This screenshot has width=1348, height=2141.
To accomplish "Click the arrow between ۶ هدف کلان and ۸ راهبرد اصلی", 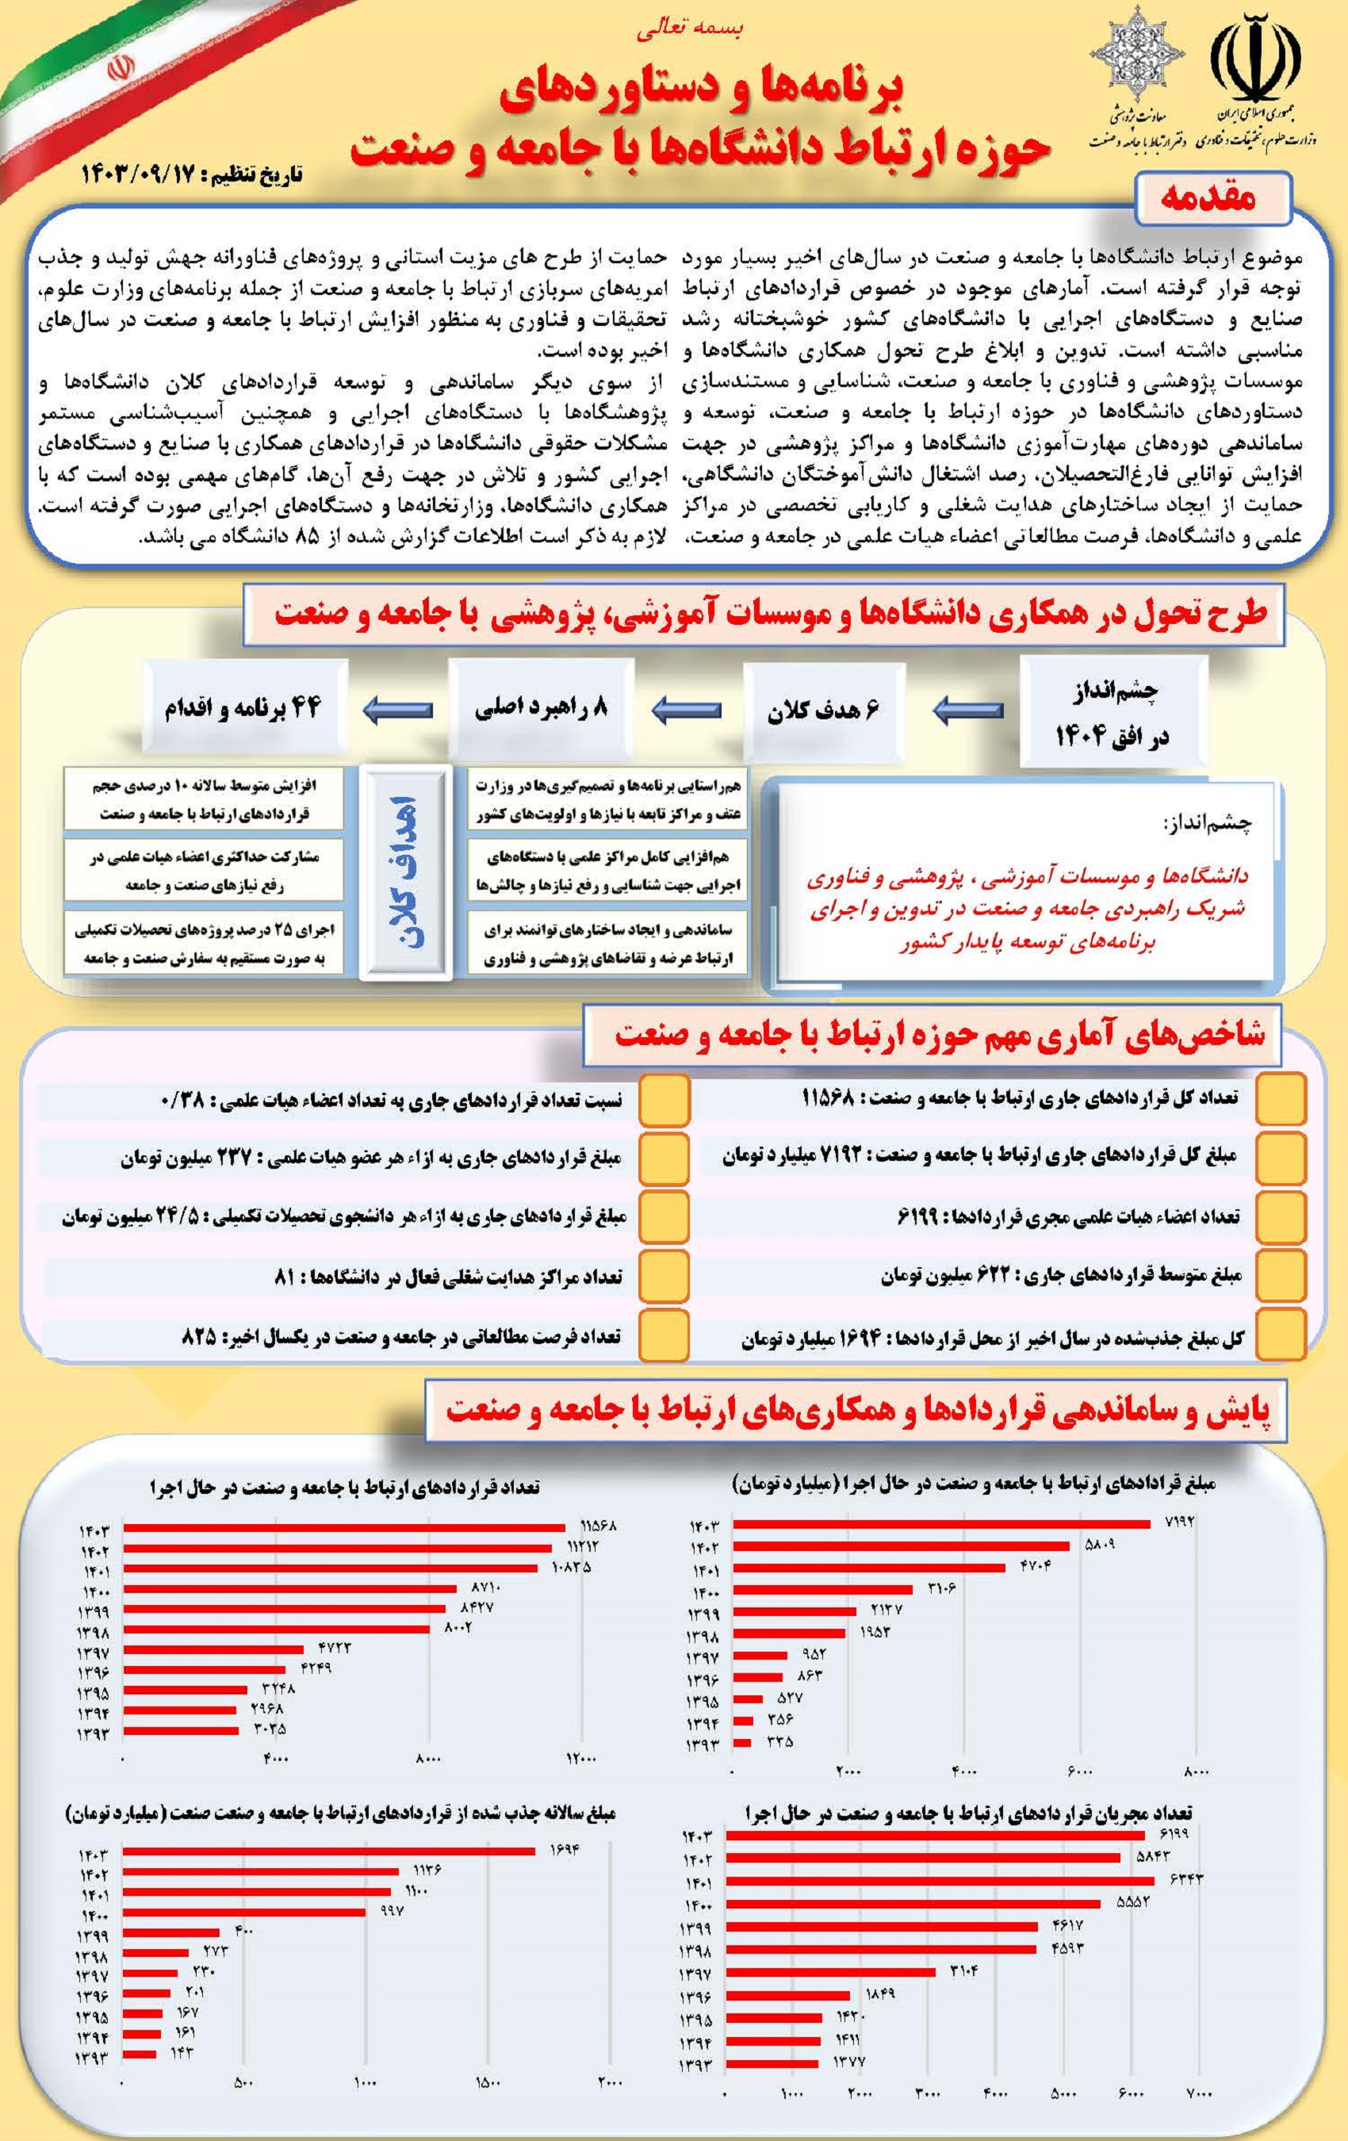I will coord(687,710).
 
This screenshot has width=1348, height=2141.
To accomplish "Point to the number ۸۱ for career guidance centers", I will coord(285,1277).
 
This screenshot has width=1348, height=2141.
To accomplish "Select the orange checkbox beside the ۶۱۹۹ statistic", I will coord(1281,1216).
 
